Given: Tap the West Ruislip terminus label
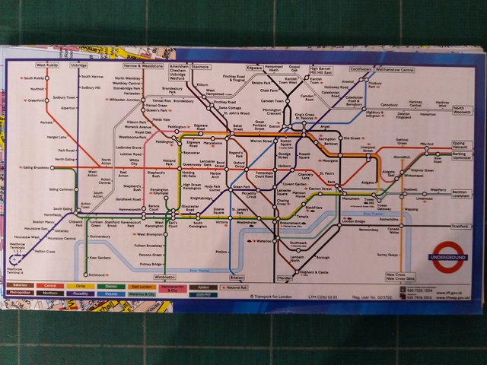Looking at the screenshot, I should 47,66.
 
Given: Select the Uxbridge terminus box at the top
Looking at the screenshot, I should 79,66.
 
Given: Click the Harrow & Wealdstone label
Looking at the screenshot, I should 142,66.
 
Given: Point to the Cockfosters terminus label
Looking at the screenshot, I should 366,68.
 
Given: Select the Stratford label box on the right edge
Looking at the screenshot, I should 461,226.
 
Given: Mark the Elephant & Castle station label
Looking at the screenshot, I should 314,271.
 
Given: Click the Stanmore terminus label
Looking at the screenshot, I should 201,66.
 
